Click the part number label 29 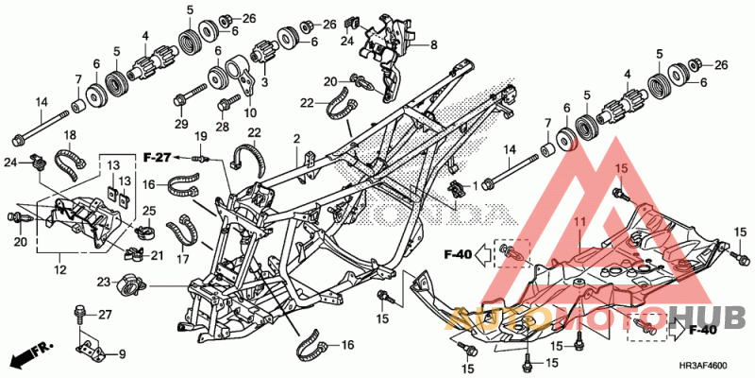click(181, 125)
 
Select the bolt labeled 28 click(228, 103)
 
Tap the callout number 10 click(250, 113)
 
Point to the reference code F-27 click(158, 156)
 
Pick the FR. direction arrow click(32, 353)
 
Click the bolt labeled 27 click(79, 315)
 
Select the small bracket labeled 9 click(92, 350)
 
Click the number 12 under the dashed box click(60, 270)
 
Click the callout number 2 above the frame click(296, 139)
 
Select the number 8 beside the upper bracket click(434, 45)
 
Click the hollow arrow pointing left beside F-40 click(483, 253)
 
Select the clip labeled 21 click(137, 253)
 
